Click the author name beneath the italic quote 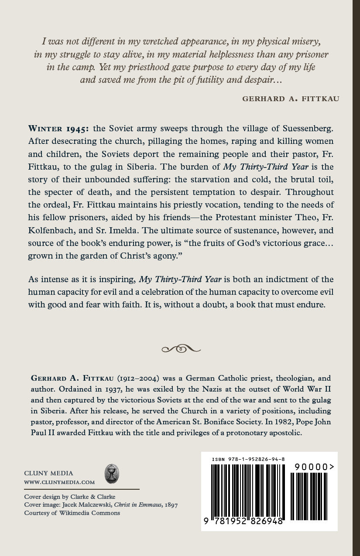[291, 99]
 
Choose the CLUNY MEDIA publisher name [49, 473]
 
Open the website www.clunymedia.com [59, 482]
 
